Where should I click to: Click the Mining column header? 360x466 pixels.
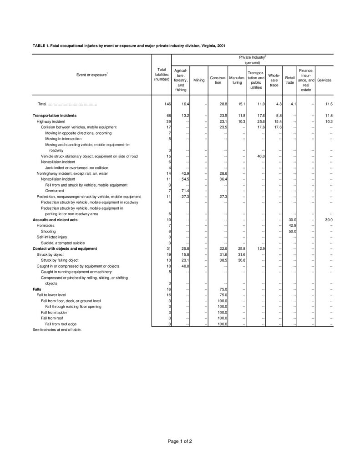click(199, 80)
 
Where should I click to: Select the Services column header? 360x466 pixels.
click(325, 80)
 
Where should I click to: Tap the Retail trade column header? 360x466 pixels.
click(289, 80)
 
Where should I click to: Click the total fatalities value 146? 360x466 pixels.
click(167, 104)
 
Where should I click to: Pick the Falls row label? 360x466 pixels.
click(37, 289)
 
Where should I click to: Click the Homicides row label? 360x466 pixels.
click(46, 226)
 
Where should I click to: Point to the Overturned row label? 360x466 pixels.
click(54, 190)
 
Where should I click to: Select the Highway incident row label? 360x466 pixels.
click(51, 122)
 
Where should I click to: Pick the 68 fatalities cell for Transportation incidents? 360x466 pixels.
click(168, 116)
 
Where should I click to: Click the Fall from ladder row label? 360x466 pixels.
click(54, 312)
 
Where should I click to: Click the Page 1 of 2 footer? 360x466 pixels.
click(180, 441)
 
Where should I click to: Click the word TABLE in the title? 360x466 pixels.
click(39, 46)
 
